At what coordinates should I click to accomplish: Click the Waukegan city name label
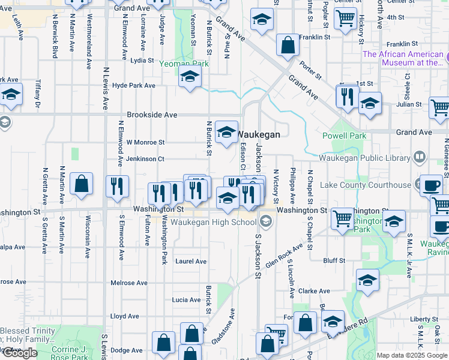[259, 134]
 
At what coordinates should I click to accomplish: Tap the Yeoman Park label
[184, 63]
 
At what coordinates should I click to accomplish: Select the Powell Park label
[344, 136]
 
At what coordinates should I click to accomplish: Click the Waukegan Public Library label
[364, 158]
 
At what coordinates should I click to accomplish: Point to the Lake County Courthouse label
[365, 185]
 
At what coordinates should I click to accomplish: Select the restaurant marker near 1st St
[348, 96]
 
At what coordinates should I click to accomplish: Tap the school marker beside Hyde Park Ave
[190, 77]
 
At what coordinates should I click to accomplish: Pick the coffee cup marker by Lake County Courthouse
[430, 186]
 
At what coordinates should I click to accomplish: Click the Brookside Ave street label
[152, 115]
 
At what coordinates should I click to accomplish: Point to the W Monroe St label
[145, 142]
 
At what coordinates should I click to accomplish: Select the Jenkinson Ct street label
[145, 159]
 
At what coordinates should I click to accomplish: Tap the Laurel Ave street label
[191, 262]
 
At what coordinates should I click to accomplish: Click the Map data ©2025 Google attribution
[412, 355]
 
